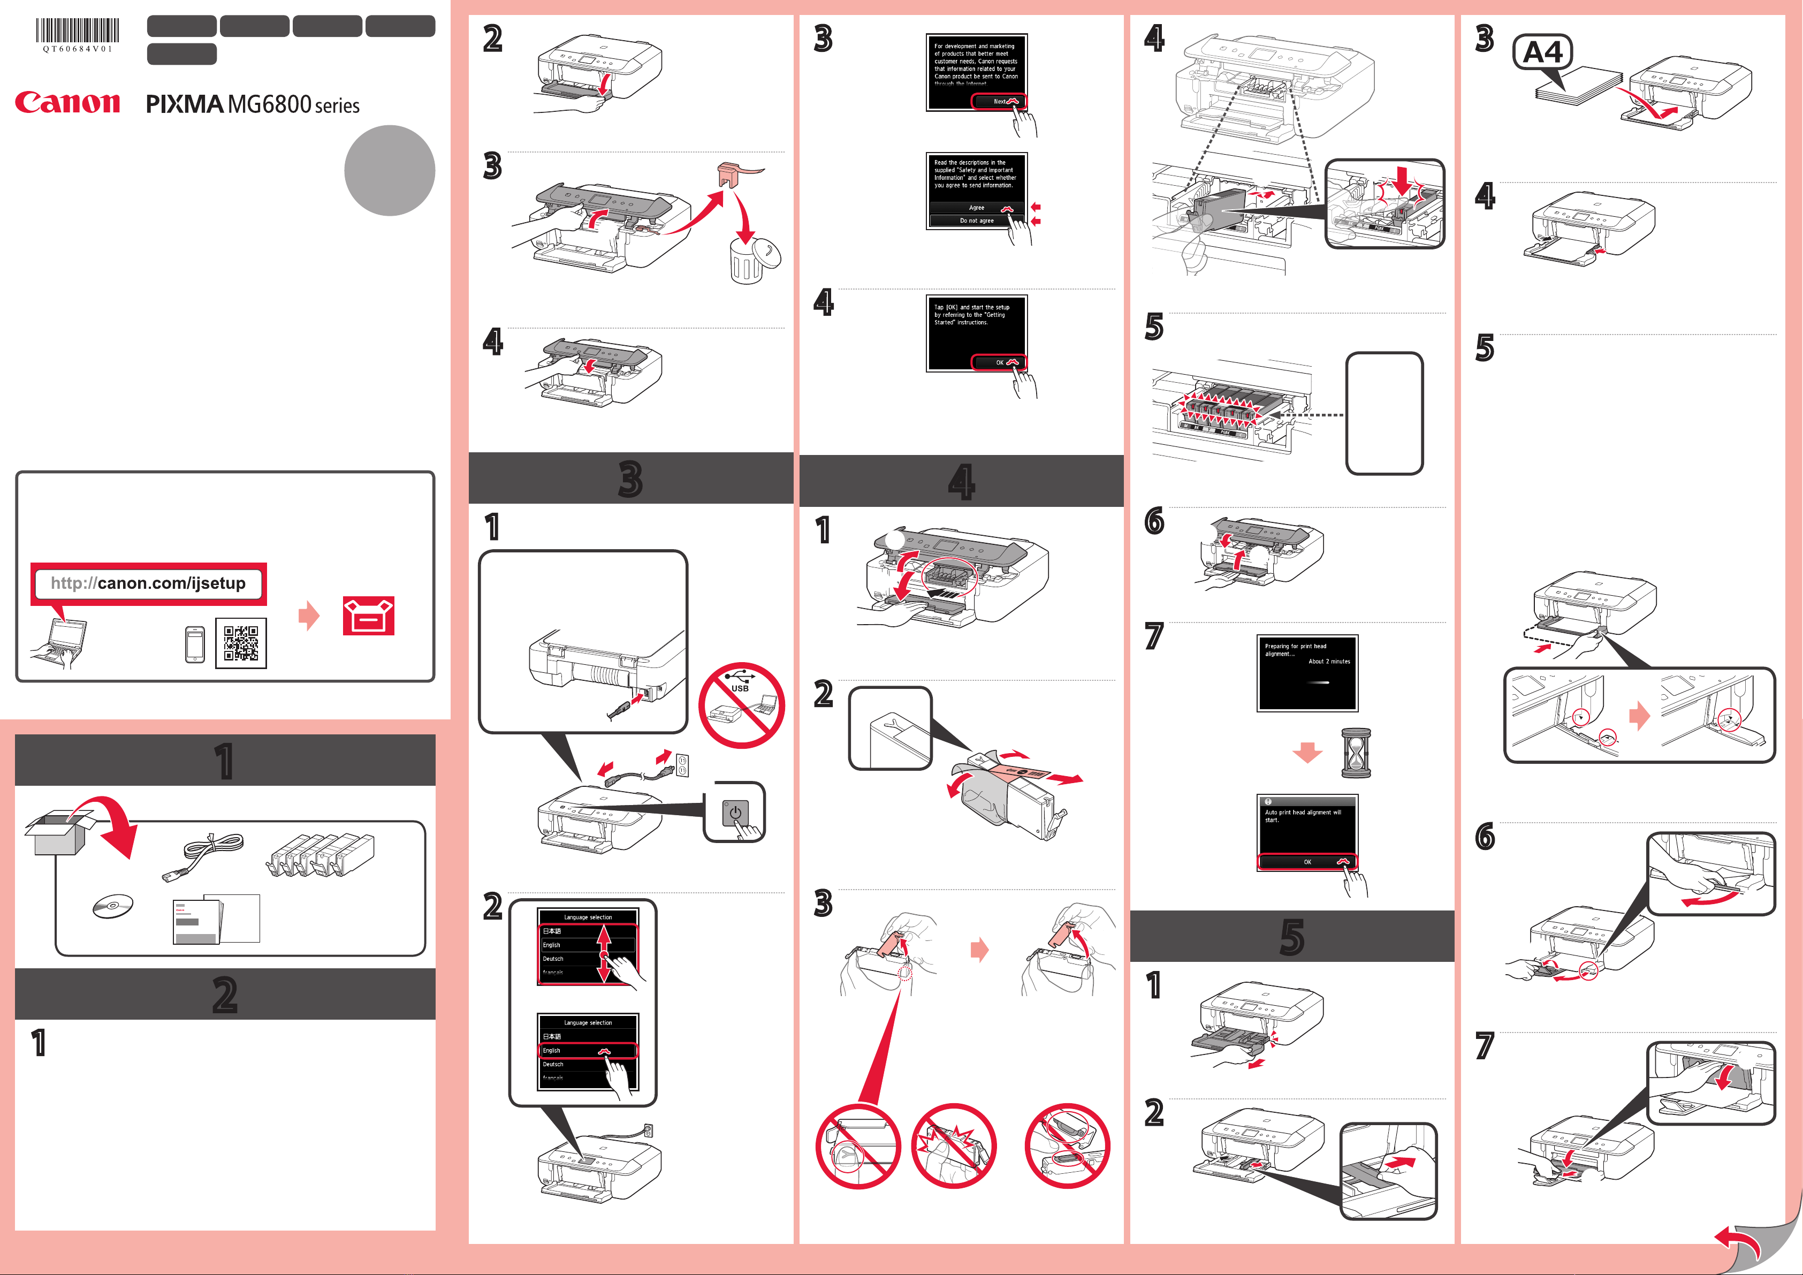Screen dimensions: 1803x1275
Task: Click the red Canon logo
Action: pos(67,102)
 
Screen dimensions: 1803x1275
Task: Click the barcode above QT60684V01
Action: pos(77,31)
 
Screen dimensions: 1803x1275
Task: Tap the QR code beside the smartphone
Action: pos(241,643)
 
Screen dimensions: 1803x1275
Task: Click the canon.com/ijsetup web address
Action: pos(148,583)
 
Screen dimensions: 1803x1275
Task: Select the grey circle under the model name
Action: pos(390,170)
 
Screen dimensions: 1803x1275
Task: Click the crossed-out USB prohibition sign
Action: pos(741,704)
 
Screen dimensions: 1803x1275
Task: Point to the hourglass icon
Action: pos(1356,753)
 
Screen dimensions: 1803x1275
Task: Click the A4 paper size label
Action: pos(1542,52)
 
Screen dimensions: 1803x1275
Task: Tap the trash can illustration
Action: pos(747,262)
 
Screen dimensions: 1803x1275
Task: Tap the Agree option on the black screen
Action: pos(977,207)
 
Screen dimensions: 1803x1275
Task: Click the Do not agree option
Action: pos(977,221)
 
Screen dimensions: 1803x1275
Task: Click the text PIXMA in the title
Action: pos(185,104)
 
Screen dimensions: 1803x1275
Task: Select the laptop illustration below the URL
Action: pos(63,642)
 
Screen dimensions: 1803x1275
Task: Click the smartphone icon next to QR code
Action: pos(195,644)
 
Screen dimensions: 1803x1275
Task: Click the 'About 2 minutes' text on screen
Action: pos(1329,662)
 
